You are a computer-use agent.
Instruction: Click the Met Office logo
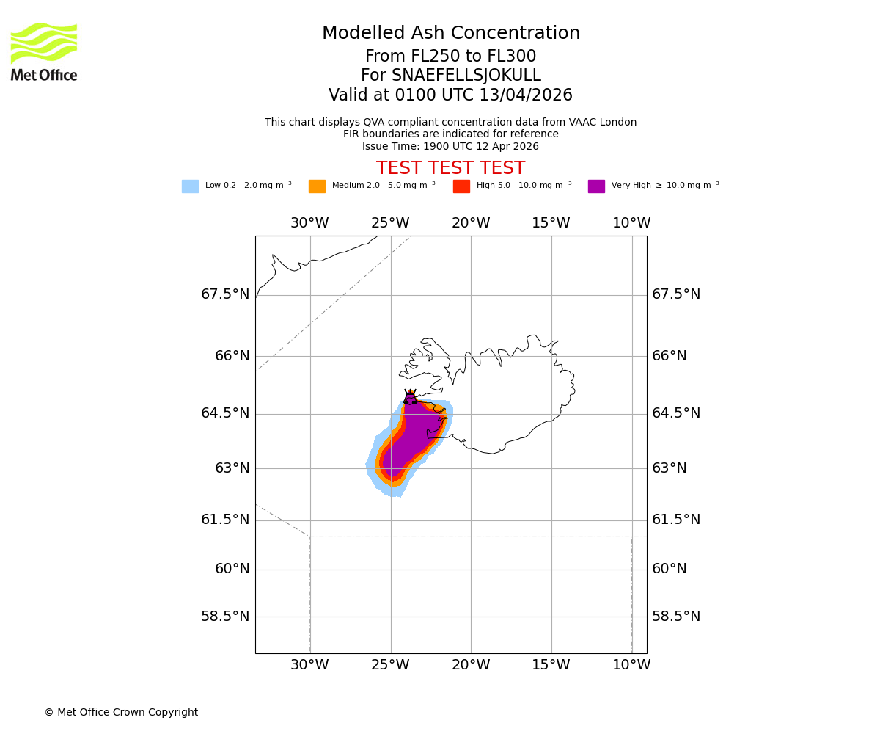tap(44, 51)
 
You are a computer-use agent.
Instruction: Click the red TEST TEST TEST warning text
tap(450, 168)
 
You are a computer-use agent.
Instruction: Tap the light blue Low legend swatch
tap(190, 186)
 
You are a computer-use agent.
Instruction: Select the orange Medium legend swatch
tap(317, 186)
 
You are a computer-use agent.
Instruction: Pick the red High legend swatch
tap(461, 186)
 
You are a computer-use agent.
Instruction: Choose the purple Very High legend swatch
tap(596, 186)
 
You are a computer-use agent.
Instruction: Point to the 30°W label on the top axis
tap(309, 223)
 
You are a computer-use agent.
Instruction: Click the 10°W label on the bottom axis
tap(631, 665)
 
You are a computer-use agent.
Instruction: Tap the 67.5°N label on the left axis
tap(225, 294)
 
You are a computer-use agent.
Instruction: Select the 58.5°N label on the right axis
tap(676, 617)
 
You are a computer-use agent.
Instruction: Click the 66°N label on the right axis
tap(670, 356)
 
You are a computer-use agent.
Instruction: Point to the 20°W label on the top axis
tap(471, 223)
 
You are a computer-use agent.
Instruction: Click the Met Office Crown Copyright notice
tap(121, 712)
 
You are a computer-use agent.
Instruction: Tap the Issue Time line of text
tap(450, 146)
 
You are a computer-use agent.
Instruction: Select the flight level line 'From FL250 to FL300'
tap(450, 57)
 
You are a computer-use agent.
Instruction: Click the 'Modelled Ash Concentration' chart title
tap(450, 33)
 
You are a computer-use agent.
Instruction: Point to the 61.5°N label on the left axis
tap(225, 520)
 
